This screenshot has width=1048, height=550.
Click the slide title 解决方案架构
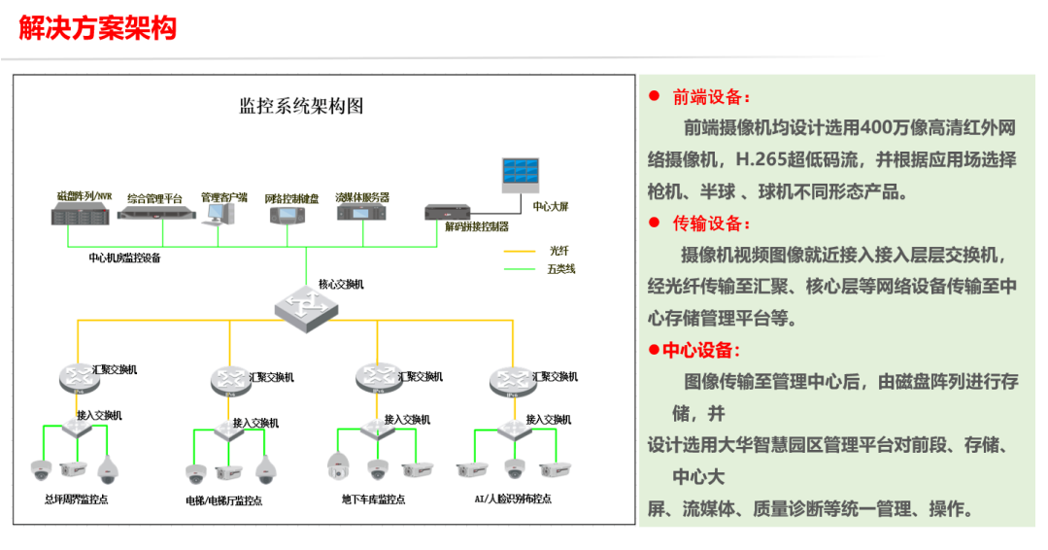[x=97, y=27]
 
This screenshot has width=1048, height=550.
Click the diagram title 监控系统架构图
[x=301, y=106]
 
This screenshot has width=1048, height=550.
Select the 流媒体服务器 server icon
[x=362, y=214]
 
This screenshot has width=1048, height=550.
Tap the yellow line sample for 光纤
[x=520, y=252]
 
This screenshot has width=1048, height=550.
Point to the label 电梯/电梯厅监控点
[x=223, y=500]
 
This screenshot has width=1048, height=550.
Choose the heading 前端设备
[x=711, y=97]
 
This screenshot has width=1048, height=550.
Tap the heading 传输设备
[x=711, y=223]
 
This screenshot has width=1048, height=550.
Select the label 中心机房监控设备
[x=124, y=258]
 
